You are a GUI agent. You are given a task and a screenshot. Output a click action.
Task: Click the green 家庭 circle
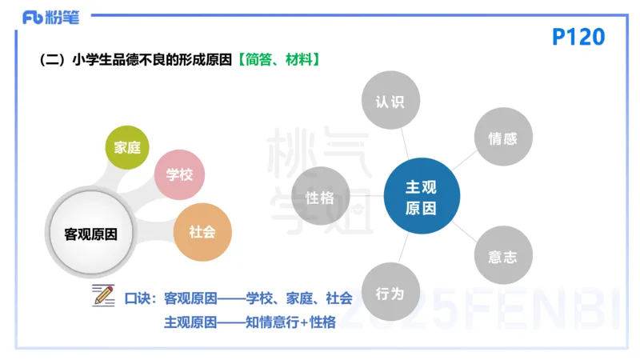(127, 147)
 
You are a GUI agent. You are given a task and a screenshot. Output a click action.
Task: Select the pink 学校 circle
(180, 174)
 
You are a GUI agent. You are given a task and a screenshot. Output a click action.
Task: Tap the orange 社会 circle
(202, 232)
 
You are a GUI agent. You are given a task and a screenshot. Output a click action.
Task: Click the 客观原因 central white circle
(90, 234)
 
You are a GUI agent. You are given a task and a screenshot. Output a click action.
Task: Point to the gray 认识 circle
(390, 102)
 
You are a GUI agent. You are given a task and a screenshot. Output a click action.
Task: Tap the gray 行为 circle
(390, 293)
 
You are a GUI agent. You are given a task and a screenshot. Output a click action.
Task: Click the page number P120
(578, 37)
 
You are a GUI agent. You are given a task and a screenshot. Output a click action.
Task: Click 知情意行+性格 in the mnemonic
(290, 322)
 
